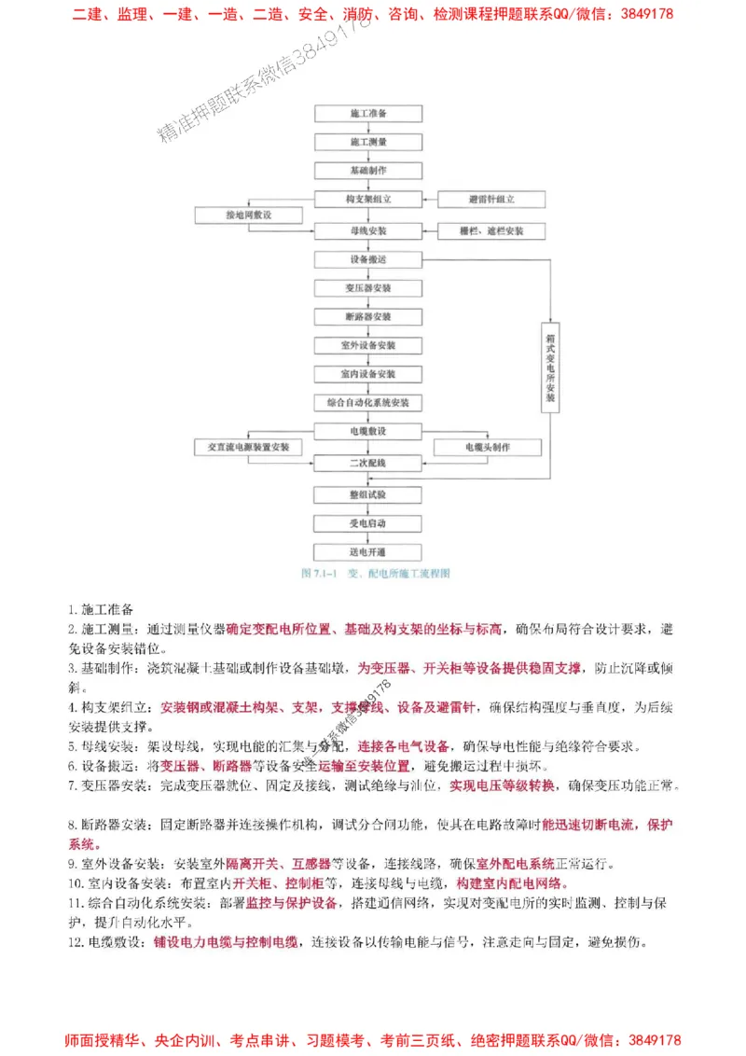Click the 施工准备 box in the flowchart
pyautogui.click(x=368, y=113)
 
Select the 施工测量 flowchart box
pyautogui.click(x=368, y=142)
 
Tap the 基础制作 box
pyautogui.click(x=368, y=171)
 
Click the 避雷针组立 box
pyautogui.click(x=491, y=200)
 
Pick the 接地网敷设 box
pyautogui.click(x=248, y=215)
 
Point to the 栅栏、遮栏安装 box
pyautogui.click(x=491, y=230)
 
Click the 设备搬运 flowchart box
pyautogui.click(x=368, y=258)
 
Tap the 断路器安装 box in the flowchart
pyautogui.click(x=368, y=316)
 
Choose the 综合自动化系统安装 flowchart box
pyautogui.click(x=368, y=403)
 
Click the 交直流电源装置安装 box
pyautogui.click(x=248, y=447)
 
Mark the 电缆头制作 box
pyautogui.click(x=488, y=447)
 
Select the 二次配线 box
pyautogui.click(x=368, y=463)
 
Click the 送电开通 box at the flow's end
pyautogui.click(x=368, y=551)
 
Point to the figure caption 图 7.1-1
pyautogui.click(x=376, y=574)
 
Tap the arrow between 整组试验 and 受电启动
pyautogui.click(x=368, y=508)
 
